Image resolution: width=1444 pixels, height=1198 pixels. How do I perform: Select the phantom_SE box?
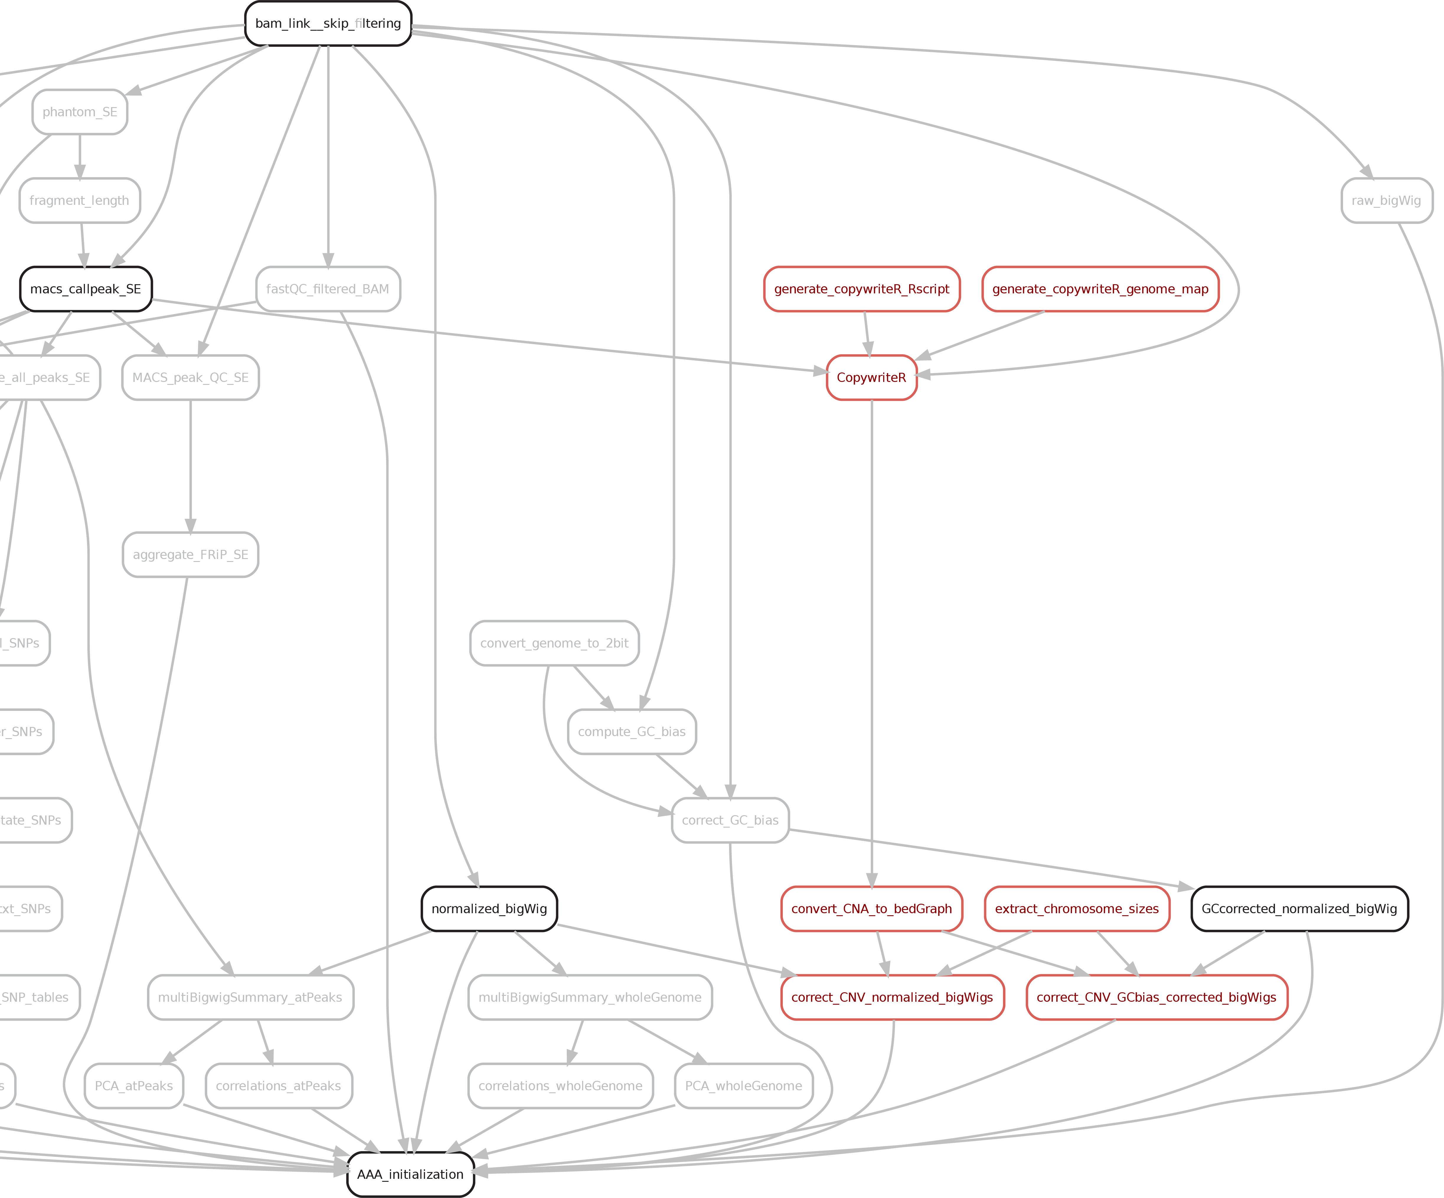[80, 112]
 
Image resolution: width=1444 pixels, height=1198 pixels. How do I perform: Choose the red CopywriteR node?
[871, 377]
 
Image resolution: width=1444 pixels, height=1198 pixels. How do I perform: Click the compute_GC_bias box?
[632, 732]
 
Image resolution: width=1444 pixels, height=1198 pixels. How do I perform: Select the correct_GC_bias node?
[730, 821]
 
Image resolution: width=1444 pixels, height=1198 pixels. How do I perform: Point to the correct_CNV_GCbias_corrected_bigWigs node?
[1156, 997]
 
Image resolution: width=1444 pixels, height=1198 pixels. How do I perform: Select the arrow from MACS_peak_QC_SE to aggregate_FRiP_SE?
[190, 468]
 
